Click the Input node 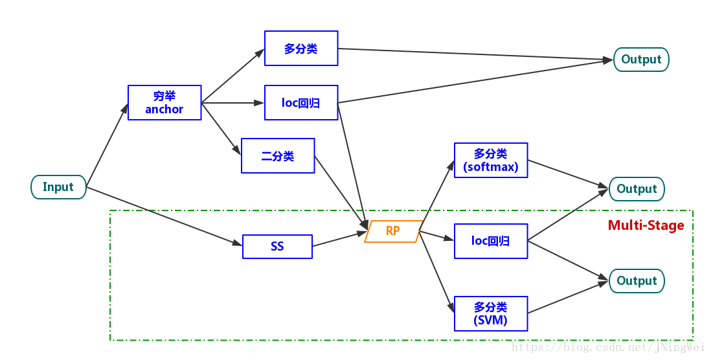(58, 187)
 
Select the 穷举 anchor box (164, 102)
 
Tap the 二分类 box (278, 156)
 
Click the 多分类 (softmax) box (491, 160)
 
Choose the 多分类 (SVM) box (491, 313)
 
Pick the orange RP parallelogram (393, 231)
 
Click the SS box (277, 247)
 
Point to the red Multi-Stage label (646, 225)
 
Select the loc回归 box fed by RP (491, 241)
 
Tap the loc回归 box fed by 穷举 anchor (301, 102)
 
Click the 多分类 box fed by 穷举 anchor (301, 49)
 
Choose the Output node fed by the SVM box (637, 281)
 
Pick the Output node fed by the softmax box (637, 189)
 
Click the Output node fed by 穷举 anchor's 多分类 (641, 60)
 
